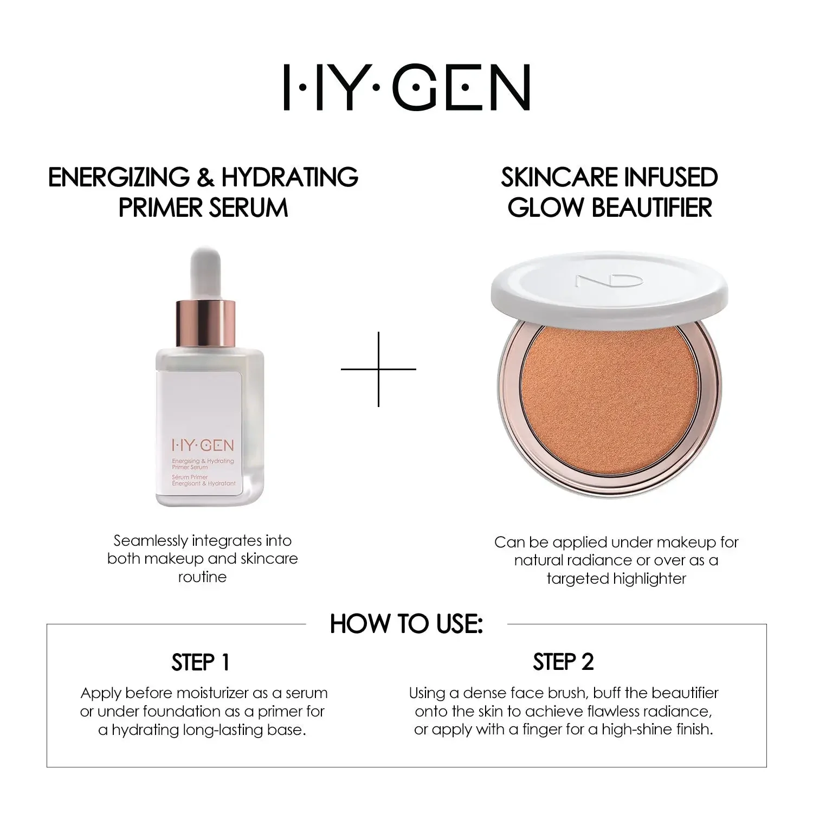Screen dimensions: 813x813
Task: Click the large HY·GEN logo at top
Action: (406, 88)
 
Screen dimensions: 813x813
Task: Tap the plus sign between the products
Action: (378, 369)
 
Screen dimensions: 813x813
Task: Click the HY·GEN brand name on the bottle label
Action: (203, 446)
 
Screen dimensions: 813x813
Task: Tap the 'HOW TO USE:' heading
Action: (406, 624)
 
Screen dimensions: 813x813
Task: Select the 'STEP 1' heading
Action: (201, 662)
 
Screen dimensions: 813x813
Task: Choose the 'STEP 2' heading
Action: (563, 662)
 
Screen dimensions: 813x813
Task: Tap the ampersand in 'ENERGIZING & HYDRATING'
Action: (205, 177)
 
